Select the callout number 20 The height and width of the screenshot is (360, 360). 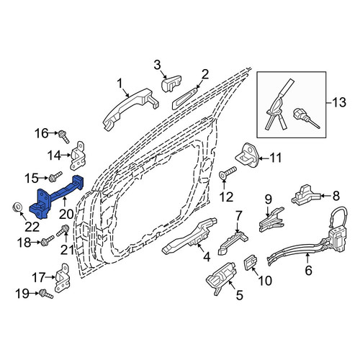[66, 215]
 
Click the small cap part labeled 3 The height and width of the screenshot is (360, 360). [171, 83]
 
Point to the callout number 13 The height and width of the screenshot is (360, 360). [339, 102]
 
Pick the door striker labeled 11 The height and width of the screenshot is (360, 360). [247, 156]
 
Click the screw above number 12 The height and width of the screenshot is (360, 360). [228, 173]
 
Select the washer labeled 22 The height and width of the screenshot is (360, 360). [17, 207]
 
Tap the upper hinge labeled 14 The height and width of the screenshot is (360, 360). [77, 156]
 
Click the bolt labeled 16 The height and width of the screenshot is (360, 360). [63, 136]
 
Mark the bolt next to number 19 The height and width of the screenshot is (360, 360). [47, 294]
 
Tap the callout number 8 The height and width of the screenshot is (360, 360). [336, 196]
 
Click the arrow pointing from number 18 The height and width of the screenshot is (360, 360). [36, 243]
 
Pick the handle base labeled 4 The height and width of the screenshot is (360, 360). [189, 236]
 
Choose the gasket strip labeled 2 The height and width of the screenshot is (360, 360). [184, 99]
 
